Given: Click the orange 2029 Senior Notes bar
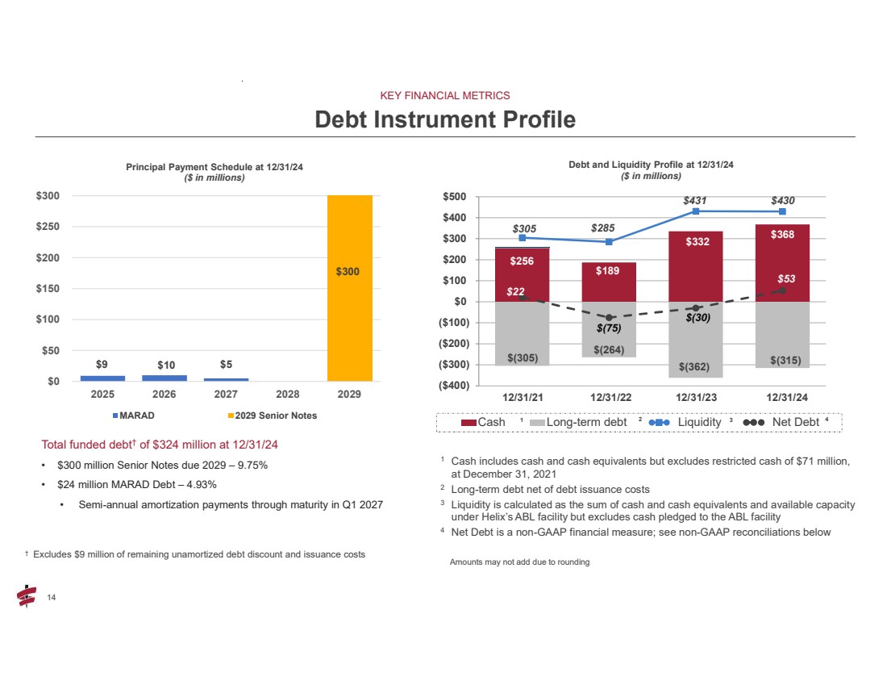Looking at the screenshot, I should pos(349,288).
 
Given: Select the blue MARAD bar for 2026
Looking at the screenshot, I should pos(164,378).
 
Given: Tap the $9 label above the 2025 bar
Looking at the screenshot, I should pos(102,364).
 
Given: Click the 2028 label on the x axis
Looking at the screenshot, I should pos(288,396).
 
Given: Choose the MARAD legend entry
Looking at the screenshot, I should pos(135,416).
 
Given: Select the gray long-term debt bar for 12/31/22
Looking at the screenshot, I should pos(609,329).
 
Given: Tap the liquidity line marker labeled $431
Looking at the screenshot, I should pos(695,211).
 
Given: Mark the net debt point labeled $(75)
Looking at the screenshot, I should pos(610,317).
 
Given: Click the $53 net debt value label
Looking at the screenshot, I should pos(786,278).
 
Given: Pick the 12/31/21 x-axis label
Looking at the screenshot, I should pos(523,396).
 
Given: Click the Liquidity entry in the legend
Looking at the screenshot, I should pos(698,422).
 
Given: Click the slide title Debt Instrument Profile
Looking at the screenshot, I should pos(445,119).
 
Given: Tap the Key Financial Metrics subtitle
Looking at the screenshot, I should pos(445,95).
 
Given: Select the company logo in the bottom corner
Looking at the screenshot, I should pos(26,596).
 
